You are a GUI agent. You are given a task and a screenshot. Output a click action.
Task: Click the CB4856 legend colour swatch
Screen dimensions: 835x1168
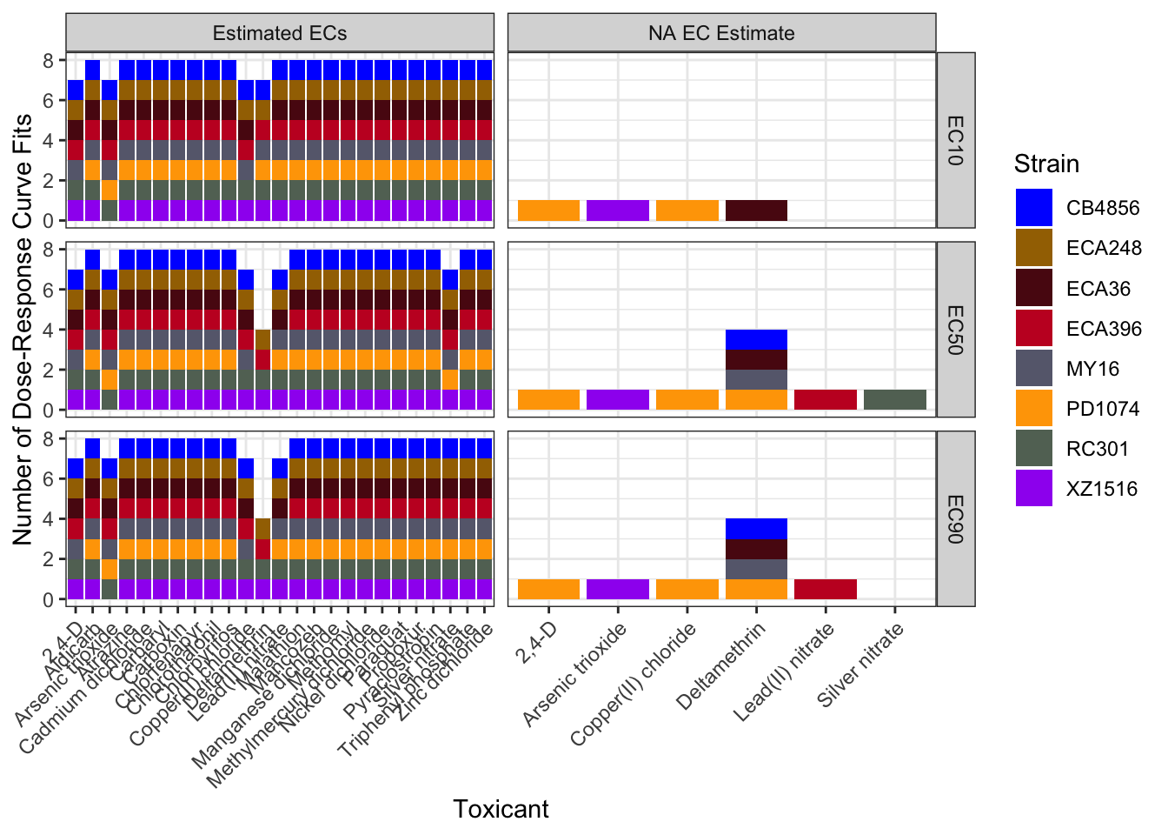click(x=1033, y=208)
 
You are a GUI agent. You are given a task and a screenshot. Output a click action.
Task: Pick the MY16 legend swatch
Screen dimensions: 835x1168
click(x=1033, y=369)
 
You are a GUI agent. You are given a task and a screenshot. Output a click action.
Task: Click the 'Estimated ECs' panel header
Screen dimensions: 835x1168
click(x=280, y=33)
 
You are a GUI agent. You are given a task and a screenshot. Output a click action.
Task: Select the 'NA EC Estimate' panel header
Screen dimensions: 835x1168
click(x=721, y=33)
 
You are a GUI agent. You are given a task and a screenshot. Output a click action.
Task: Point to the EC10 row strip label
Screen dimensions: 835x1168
click(x=956, y=139)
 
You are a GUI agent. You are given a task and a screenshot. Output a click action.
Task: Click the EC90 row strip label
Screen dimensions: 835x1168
click(x=956, y=518)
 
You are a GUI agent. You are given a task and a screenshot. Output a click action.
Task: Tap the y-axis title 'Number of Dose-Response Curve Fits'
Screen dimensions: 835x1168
click(x=23, y=329)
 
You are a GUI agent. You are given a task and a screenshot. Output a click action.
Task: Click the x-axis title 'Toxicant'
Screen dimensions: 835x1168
click(x=501, y=809)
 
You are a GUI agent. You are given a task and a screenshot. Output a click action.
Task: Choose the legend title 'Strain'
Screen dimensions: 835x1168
click(x=1046, y=164)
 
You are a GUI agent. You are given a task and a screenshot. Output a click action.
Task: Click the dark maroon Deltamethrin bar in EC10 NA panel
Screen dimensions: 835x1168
click(x=756, y=210)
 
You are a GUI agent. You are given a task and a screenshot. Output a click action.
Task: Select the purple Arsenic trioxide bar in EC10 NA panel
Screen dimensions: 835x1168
click(x=618, y=210)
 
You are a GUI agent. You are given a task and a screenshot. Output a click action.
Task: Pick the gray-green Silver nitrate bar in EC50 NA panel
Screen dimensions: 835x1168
click(x=895, y=399)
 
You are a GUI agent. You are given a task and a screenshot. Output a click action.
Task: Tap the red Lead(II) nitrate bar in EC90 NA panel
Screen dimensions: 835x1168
click(x=826, y=589)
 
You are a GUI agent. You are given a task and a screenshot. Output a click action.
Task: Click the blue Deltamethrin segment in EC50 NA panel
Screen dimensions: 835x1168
click(x=756, y=339)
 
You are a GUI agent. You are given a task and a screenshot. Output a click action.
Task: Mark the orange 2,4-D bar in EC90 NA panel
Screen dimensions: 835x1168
click(x=548, y=589)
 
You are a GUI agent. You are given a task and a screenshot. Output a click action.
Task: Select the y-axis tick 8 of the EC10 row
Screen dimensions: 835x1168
click(x=49, y=60)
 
